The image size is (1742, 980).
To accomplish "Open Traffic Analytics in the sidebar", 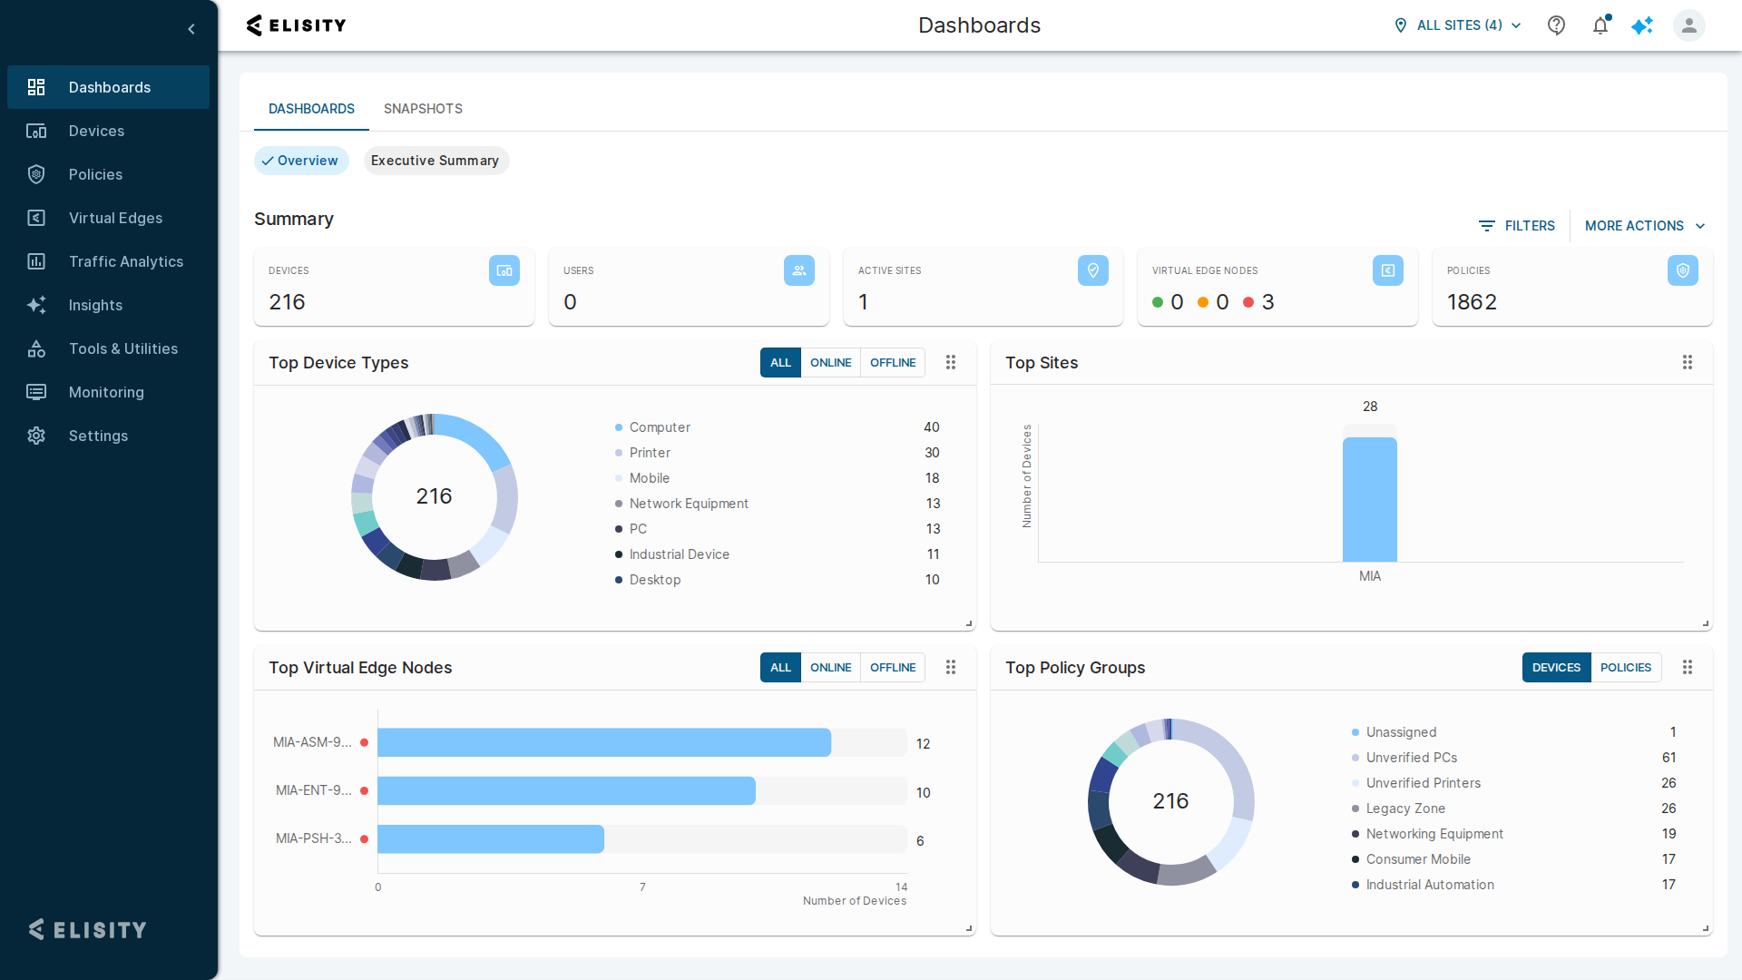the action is (126, 261).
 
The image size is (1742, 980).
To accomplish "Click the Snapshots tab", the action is (423, 109).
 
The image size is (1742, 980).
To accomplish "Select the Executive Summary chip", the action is (435, 161).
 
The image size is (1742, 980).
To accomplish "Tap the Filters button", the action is (1517, 226).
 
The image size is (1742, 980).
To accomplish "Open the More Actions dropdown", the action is (1645, 226).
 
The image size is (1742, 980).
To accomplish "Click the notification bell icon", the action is (1600, 25).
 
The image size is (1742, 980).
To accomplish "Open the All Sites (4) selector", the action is (1458, 25).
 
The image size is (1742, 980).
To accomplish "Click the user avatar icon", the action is (1689, 25).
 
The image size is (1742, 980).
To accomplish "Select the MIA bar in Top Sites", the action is (1370, 500).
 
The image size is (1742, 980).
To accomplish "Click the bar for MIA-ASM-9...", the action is (604, 742).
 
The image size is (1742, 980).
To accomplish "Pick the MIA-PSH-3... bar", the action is (491, 839).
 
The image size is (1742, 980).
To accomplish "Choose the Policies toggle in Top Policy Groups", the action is (1626, 668).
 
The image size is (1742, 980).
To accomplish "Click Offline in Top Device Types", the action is (893, 363).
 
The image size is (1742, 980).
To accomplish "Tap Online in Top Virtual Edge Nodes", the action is (830, 668).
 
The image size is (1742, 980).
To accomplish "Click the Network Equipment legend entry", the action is (689, 504).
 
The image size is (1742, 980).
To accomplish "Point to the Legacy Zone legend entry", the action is (1405, 808).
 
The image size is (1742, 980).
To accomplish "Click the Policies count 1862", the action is (1472, 302).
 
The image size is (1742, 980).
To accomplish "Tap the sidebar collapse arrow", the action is (191, 29).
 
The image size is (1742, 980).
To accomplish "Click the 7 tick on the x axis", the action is (642, 887).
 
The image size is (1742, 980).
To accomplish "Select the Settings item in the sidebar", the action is (98, 436).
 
